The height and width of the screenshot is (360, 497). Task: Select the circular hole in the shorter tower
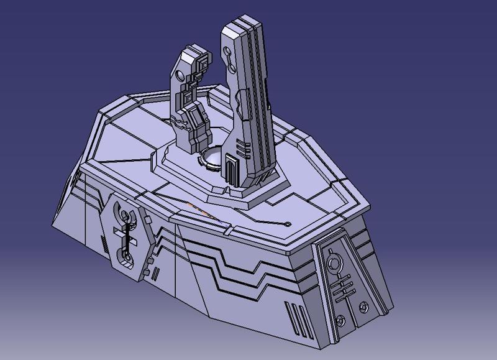tap(180, 76)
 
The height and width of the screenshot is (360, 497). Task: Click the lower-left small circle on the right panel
tap(339, 321)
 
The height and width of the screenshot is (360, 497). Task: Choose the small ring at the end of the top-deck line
tap(288, 224)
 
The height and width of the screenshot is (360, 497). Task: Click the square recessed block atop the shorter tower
tap(203, 63)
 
